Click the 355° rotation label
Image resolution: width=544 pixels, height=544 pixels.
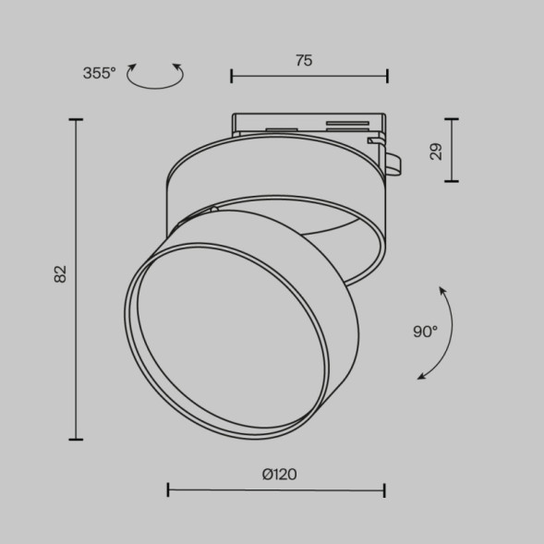(99, 74)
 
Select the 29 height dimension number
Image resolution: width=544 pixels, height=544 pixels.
(437, 150)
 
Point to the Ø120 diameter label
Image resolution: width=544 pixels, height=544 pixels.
(279, 474)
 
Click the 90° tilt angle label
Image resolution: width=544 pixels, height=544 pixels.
(425, 332)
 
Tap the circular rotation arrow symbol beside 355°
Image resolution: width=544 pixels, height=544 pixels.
(154, 77)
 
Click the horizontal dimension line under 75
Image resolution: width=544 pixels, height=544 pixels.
(308, 77)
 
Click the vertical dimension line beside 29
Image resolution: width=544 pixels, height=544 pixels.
(451, 150)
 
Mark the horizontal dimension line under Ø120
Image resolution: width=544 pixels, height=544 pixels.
(276, 490)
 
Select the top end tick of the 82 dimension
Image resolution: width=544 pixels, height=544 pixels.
(76, 119)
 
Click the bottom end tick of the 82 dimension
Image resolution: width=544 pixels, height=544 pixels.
(76, 439)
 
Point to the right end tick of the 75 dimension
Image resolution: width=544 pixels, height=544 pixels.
(386, 77)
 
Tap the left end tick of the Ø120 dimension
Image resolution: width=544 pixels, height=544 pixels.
(168, 490)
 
